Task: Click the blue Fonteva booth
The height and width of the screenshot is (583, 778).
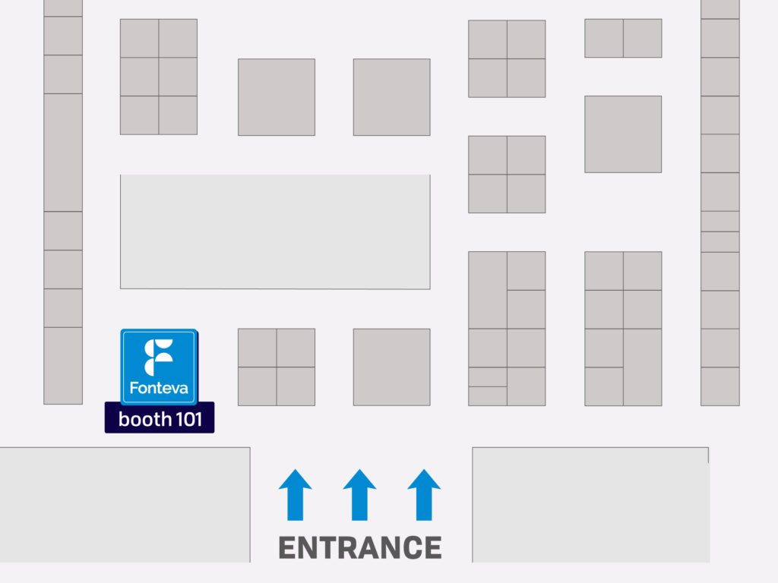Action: point(159,367)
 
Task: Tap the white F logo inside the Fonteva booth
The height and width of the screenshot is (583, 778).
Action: point(159,358)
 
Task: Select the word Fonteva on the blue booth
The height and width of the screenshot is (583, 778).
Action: point(159,388)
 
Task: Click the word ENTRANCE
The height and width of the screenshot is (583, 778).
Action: point(360,547)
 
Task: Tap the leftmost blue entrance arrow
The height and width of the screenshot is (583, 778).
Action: point(296,495)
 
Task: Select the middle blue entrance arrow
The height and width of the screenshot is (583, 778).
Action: point(359,495)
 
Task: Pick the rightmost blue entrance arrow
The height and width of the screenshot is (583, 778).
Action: point(424,495)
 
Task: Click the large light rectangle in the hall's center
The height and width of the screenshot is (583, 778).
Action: point(275,232)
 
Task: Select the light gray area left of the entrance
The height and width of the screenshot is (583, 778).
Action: point(125,505)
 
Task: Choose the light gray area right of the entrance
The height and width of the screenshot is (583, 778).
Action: point(590,505)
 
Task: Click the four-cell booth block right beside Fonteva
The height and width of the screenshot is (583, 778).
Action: point(277,367)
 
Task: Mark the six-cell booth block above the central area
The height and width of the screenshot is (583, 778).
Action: point(159,77)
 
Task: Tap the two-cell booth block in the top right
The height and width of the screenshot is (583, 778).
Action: point(623,38)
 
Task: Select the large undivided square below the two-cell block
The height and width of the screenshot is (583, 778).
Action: point(623,134)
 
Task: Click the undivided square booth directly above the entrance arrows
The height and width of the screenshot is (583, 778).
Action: point(391,367)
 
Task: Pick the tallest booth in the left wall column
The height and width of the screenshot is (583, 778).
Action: point(63,153)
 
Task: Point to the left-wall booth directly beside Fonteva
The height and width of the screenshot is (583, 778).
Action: point(63,366)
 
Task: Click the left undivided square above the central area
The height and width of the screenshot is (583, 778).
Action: point(277,97)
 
